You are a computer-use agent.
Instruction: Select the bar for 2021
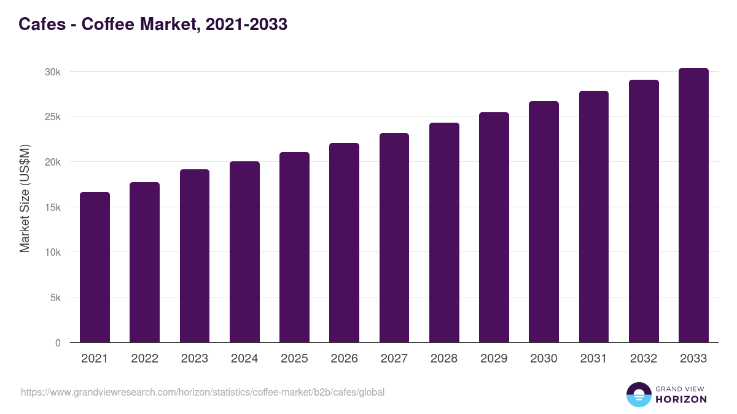pos(95,267)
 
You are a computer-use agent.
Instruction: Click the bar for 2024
pos(244,252)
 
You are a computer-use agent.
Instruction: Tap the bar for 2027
pos(394,238)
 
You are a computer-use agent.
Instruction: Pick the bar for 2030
pos(544,222)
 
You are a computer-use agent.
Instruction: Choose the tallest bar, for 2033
pos(693,205)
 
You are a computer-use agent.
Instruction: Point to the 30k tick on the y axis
pos(53,72)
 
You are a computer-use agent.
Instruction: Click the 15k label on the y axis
pos(53,207)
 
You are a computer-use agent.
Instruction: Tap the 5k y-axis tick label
pos(55,297)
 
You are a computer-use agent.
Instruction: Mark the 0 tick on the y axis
pos(58,343)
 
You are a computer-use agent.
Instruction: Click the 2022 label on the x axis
pos(144,359)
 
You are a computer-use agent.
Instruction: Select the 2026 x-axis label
pos(344,359)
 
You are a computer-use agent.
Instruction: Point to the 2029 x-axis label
pos(494,359)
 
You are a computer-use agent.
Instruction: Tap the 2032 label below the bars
pos(644,359)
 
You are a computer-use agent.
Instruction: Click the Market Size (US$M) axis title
pos(25,199)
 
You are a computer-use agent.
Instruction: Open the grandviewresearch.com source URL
pos(203,392)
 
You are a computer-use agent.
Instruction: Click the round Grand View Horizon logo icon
pos(638,394)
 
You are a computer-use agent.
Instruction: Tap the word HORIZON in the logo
pos(680,399)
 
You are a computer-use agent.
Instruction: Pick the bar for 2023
pos(195,256)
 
